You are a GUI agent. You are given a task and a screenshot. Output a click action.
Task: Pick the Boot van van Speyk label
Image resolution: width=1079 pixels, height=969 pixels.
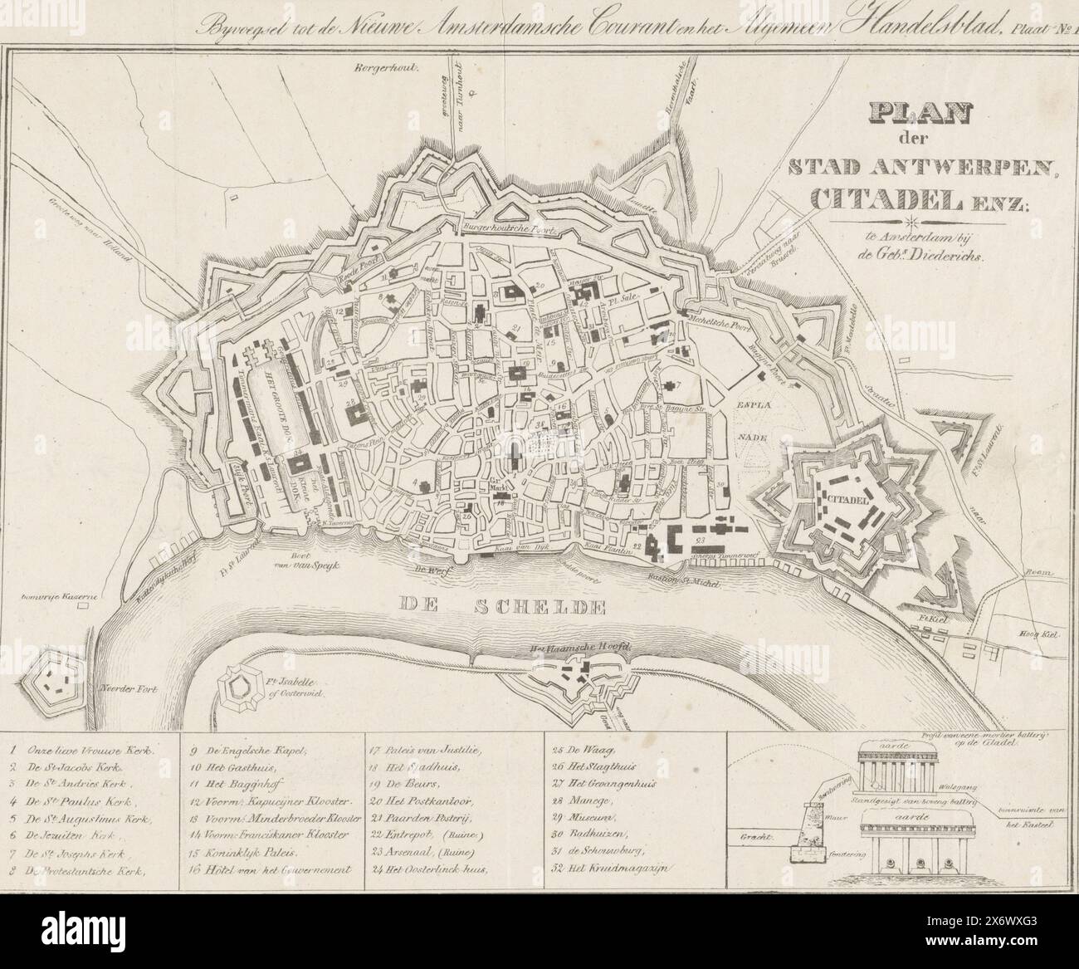pos(315,562)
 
